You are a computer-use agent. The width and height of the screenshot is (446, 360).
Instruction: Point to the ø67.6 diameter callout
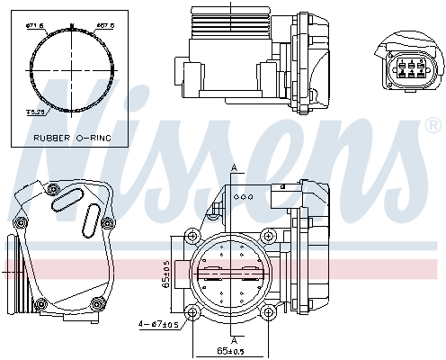pos(103,25)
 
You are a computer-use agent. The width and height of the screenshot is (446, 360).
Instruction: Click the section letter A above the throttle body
pos(234,168)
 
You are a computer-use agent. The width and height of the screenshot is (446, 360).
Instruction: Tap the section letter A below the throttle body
pos(234,340)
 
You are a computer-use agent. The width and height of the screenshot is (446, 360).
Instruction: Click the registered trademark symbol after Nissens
pos(433,128)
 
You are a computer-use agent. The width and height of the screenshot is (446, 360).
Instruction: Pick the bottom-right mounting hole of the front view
pos(268,311)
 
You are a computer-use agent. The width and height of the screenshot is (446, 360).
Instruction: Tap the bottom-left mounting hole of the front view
pos(192,311)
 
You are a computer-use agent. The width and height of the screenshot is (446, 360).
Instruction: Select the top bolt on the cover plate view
pos(52,190)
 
